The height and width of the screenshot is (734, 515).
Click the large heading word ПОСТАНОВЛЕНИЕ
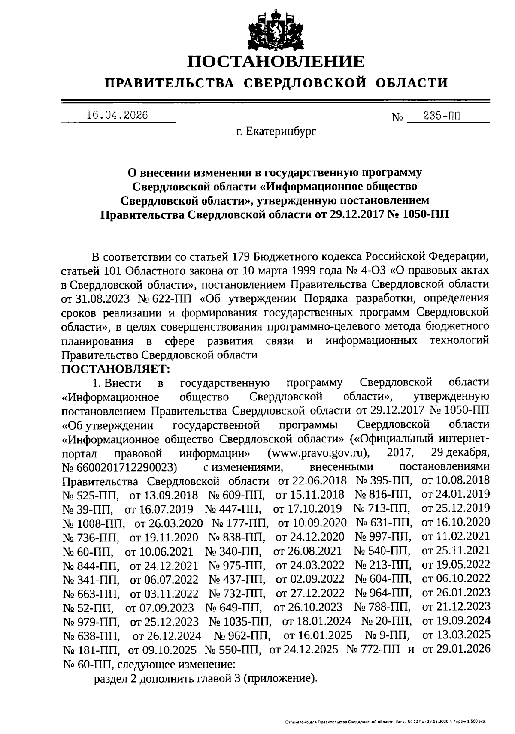[x=276, y=62]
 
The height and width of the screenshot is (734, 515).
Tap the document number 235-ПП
[x=444, y=116]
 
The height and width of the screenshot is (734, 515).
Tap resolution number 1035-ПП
[x=246, y=621]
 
